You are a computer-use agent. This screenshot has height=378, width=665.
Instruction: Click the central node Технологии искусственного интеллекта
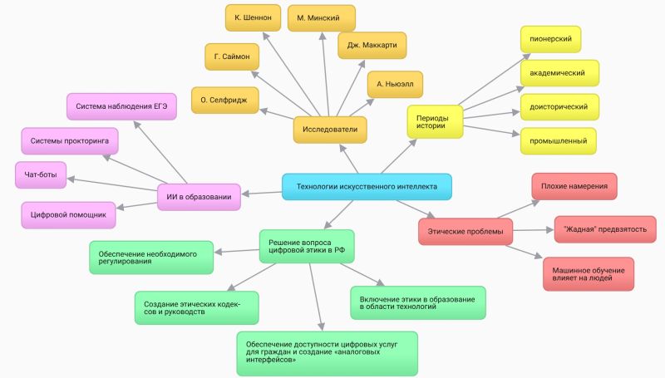coord(367,187)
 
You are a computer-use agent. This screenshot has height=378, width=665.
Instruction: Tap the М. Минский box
coord(320,17)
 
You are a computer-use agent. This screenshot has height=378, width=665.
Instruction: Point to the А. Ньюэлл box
coord(395,84)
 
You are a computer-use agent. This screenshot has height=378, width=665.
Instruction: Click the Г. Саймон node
coord(233,56)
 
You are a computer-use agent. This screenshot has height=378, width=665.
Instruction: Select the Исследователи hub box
coord(331,130)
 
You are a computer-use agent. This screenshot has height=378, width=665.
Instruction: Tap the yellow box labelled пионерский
coord(550,39)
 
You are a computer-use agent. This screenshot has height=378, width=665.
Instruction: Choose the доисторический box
coord(558,107)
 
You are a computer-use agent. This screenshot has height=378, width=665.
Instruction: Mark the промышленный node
coord(558,141)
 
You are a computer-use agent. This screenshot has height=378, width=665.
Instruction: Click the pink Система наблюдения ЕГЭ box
coord(121,106)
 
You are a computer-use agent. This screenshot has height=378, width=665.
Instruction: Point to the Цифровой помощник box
coord(68,214)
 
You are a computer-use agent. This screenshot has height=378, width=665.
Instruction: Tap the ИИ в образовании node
coord(199,196)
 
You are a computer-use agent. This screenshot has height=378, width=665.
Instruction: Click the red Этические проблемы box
coord(465,230)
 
